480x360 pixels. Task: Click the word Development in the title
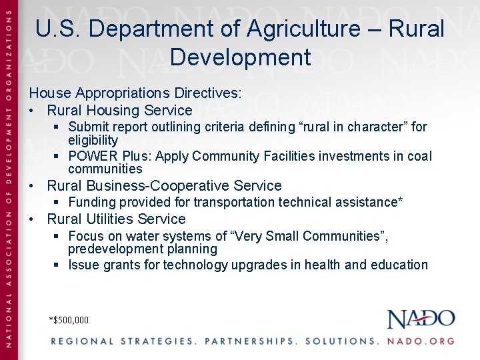[240, 57]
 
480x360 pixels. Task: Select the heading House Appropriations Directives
[135, 93]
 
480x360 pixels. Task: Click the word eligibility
[93, 140]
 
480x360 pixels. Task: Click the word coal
[419, 156]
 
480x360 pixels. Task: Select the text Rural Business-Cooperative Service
[164, 186]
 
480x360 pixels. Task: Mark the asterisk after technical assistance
[400, 201]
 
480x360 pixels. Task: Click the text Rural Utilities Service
[116, 219]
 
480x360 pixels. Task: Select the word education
[399, 265]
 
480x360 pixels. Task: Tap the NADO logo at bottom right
[421, 319]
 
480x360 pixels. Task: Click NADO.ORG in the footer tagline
[421, 341]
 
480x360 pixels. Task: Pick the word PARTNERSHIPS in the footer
[251, 341]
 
